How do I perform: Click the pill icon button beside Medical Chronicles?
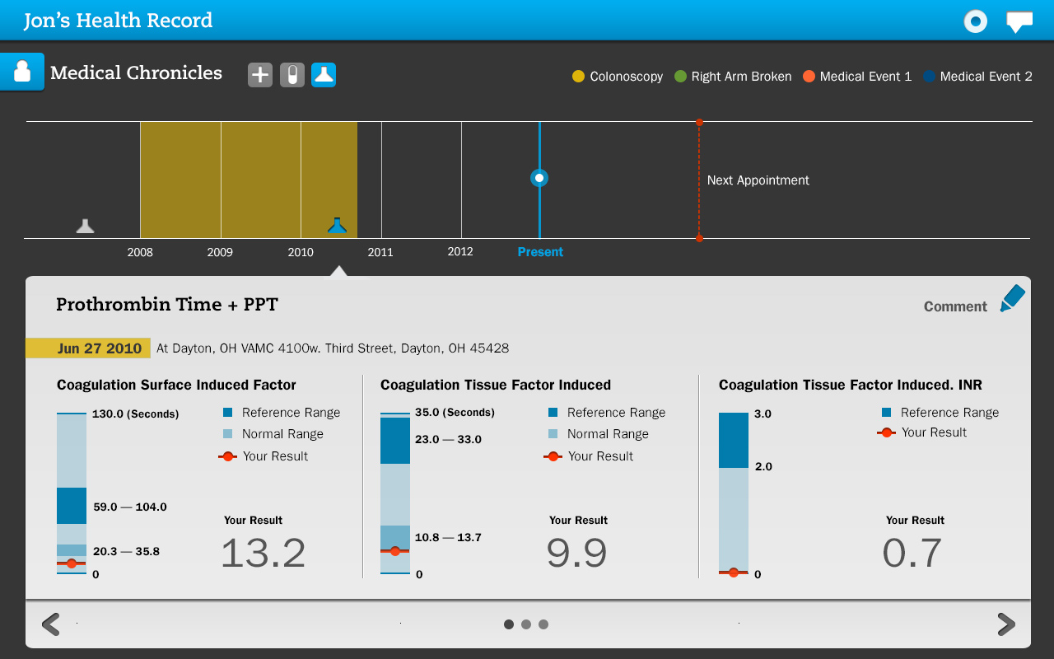(x=292, y=75)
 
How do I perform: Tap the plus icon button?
(x=260, y=75)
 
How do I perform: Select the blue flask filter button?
(x=324, y=75)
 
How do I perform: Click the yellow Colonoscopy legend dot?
(x=579, y=77)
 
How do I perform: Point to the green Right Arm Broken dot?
(x=680, y=77)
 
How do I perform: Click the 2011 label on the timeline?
(x=380, y=252)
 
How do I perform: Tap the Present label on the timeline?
(x=540, y=252)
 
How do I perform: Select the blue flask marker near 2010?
(x=337, y=225)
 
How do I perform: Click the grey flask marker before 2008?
(x=85, y=226)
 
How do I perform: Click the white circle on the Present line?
(x=539, y=178)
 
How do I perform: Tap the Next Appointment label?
(x=758, y=180)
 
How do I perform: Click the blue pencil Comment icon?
(x=1012, y=298)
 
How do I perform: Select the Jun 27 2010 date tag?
(x=88, y=348)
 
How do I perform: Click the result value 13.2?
(x=263, y=554)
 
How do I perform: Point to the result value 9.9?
(x=576, y=554)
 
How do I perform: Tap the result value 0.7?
(x=912, y=554)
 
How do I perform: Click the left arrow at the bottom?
(x=51, y=624)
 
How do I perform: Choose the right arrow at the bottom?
(x=1005, y=624)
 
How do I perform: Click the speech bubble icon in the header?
(x=1019, y=21)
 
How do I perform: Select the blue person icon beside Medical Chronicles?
(x=22, y=72)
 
